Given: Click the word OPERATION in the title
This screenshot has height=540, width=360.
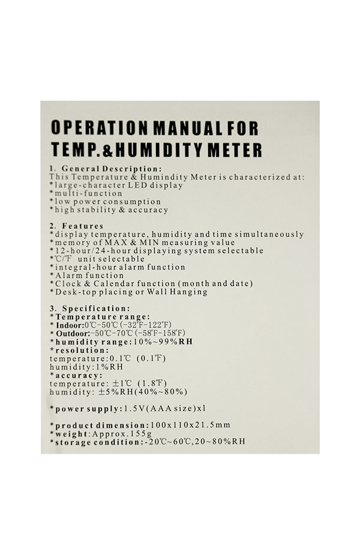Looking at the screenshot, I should pos(95,128).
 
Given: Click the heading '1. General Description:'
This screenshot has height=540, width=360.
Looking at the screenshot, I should pos(106,169).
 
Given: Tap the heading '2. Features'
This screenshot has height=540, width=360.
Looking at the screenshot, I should pos(76,226).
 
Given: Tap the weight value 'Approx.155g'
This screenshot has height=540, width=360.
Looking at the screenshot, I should pos(113,433).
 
